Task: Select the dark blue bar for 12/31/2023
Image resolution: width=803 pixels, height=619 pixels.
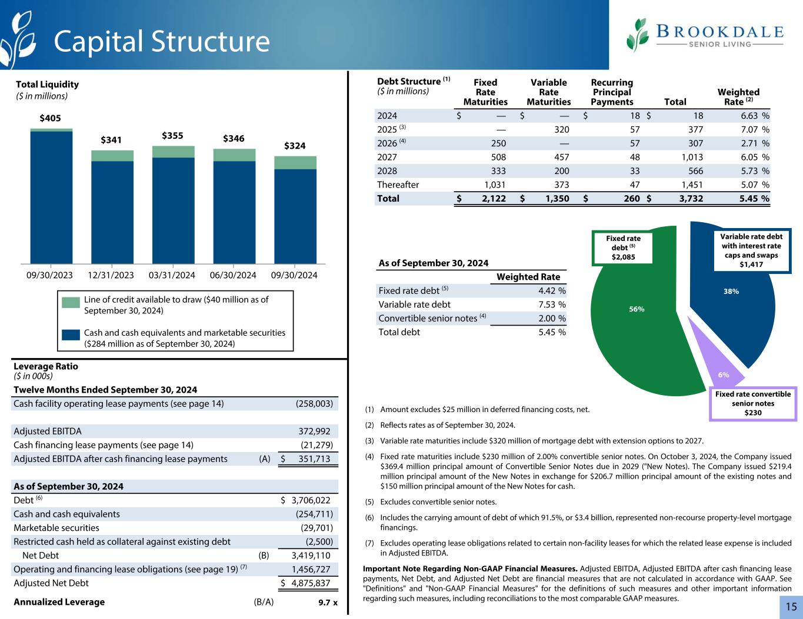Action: (112, 212)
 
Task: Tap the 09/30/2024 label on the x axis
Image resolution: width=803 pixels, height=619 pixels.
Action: (295, 275)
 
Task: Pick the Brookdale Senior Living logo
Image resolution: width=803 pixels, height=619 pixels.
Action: (705, 35)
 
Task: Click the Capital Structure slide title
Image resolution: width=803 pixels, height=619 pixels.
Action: (162, 41)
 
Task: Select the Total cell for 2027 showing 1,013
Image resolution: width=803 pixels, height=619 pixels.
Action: (688, 157)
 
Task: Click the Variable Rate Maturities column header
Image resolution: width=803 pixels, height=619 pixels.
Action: (548, 92)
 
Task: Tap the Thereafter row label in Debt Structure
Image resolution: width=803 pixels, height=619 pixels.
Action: (398, 185)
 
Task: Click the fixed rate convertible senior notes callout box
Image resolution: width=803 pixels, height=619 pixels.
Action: (753, 403)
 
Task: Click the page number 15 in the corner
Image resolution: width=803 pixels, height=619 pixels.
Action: (791, 606)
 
